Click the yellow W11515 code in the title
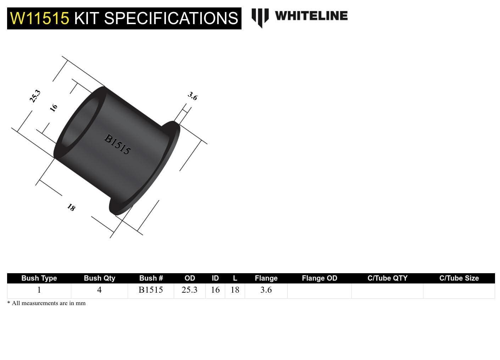pos(39,18)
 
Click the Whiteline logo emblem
pos(260,17)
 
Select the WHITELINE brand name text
pos(311,16)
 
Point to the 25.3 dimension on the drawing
pos(35,96)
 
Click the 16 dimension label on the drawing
pos(54,108)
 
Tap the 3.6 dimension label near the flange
pos(193,96)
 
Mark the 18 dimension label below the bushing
pos(71,207)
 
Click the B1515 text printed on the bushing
pos(117,144)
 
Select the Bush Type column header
pos(39,278)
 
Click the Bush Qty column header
pos(99,278)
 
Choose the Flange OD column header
pos(319,278)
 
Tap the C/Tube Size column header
pos(459,278)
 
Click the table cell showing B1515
pos(151,290)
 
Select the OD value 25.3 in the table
pos(189,290)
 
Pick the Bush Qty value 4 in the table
pos(99,290)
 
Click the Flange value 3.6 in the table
pos(266,290)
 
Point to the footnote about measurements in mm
pos(46,303)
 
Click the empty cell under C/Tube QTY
pos(387,291)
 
